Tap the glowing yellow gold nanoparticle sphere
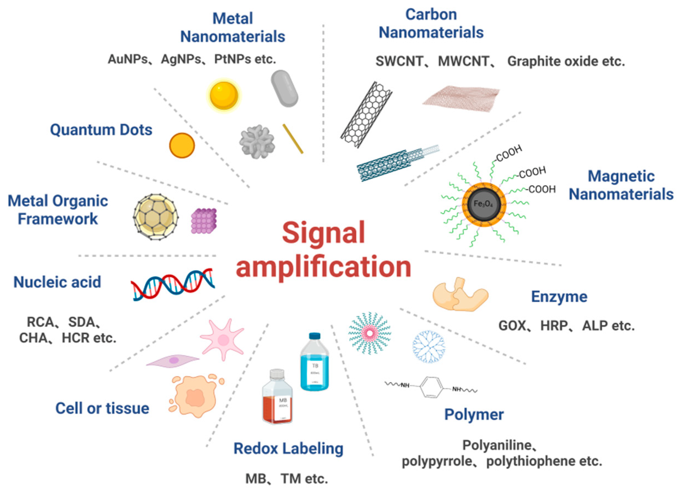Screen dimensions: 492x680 [224, 95]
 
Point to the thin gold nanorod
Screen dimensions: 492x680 [293, 139]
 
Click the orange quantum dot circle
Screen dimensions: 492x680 [182, 145]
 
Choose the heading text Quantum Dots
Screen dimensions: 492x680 [101, 130]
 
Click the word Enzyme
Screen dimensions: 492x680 [559, 297]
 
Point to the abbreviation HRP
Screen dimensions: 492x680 [554, 326]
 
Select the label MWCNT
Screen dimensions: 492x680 [464, 61]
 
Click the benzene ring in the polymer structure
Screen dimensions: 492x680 [431, 387]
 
